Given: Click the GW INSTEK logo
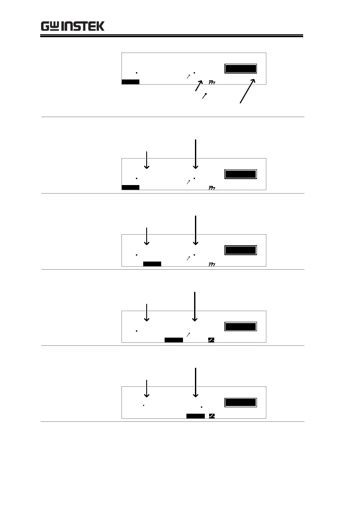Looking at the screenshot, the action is click(72, 26).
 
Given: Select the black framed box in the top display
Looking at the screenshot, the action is click(241, 69).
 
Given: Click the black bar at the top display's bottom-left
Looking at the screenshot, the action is click(130, 82).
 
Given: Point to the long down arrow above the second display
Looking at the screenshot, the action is click(195, 154).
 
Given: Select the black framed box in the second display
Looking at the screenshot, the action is click(241, 174).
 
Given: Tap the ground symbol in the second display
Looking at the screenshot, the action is click(211, 188).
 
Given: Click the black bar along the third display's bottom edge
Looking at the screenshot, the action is click(152, 264).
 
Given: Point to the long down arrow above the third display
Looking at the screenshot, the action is click(195, 230).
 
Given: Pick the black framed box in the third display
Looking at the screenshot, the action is click(241, 250).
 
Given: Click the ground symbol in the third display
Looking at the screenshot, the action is click(211, 264).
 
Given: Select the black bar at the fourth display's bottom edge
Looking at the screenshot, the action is click(174, 340).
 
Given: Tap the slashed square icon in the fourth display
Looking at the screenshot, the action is click(211, 340).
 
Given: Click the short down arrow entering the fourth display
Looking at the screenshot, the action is click(147, 312).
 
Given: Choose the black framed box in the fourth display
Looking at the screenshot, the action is click(241, 327).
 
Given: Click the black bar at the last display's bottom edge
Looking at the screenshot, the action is click(195, 416).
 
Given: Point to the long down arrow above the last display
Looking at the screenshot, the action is click(195, 382).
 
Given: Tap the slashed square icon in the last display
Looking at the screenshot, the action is click(212, 416).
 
